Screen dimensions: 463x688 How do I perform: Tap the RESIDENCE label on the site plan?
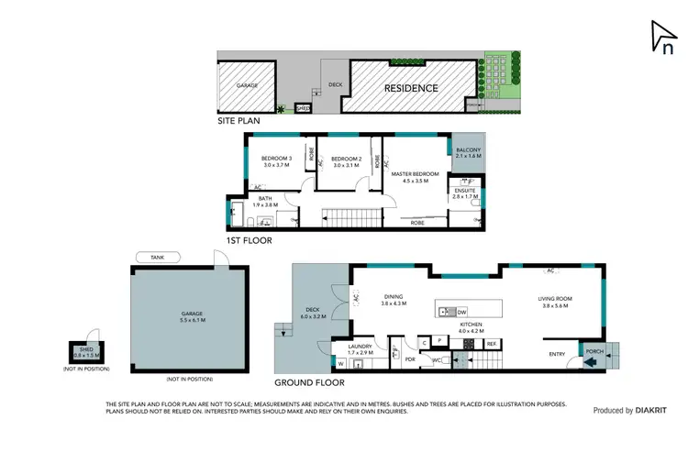click(x=410, y=88)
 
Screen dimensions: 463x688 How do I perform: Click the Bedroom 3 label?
click(x=276, y=161)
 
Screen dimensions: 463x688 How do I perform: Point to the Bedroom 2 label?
click(x=348, y=161)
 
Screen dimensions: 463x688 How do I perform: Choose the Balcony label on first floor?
click(x=468, y=153)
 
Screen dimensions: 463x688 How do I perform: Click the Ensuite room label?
click(x=465, y=193)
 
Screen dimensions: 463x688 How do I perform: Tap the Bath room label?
click(x=264, y=202)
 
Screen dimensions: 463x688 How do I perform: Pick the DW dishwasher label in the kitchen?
click(x=461, y=313)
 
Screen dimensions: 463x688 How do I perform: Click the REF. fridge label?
click(x=492, y=343)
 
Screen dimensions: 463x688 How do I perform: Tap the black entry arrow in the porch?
click(x=588, y=361)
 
